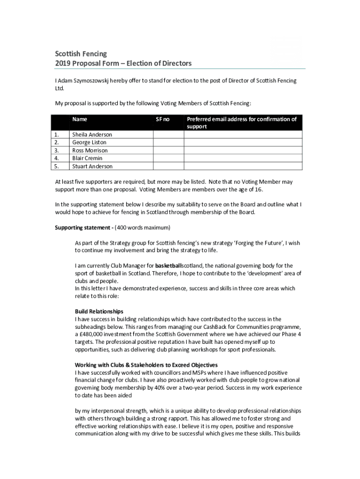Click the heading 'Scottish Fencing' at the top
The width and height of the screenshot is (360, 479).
click(81, 54)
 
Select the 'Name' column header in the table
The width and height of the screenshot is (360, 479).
click(79, 119)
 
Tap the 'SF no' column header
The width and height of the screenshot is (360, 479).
click(162, 119)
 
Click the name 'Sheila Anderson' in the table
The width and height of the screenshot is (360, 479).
click(92, 135)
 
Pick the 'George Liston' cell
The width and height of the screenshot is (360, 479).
click(89, 142)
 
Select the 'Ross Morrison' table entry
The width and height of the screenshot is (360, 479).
click(90, 150)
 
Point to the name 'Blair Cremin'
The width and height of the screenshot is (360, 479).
click(87, 158)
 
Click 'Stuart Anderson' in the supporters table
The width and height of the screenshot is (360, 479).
click(92, 166)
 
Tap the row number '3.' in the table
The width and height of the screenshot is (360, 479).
click(57, 150)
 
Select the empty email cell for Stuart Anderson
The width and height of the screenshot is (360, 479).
click(243, 166)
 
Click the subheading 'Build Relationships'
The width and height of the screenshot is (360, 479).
click(99, 311)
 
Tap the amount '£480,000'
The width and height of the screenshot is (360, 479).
click(91, 334)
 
